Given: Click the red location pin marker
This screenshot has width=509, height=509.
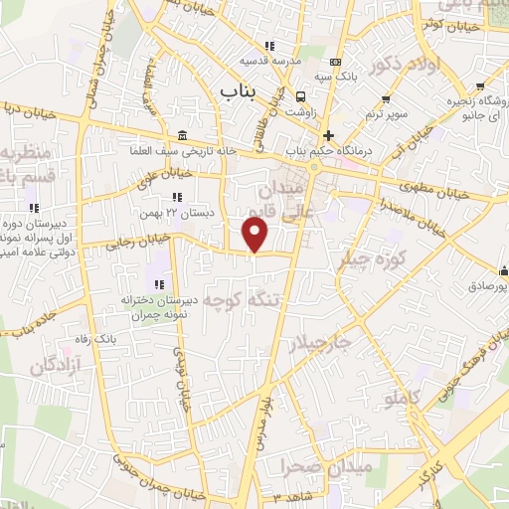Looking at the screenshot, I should pos(255,236).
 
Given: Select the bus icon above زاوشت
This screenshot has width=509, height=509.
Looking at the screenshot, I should pos(300,95).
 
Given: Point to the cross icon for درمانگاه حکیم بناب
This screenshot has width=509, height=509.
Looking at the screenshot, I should pos(328,135).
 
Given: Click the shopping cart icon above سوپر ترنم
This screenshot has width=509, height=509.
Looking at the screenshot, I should pos(385,98).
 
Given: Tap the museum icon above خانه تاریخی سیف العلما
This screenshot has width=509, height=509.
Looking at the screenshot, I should pos(181,135).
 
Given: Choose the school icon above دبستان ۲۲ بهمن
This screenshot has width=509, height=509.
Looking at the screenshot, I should pos(179,198).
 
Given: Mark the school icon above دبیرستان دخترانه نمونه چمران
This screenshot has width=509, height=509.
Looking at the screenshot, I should pos(159,284).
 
